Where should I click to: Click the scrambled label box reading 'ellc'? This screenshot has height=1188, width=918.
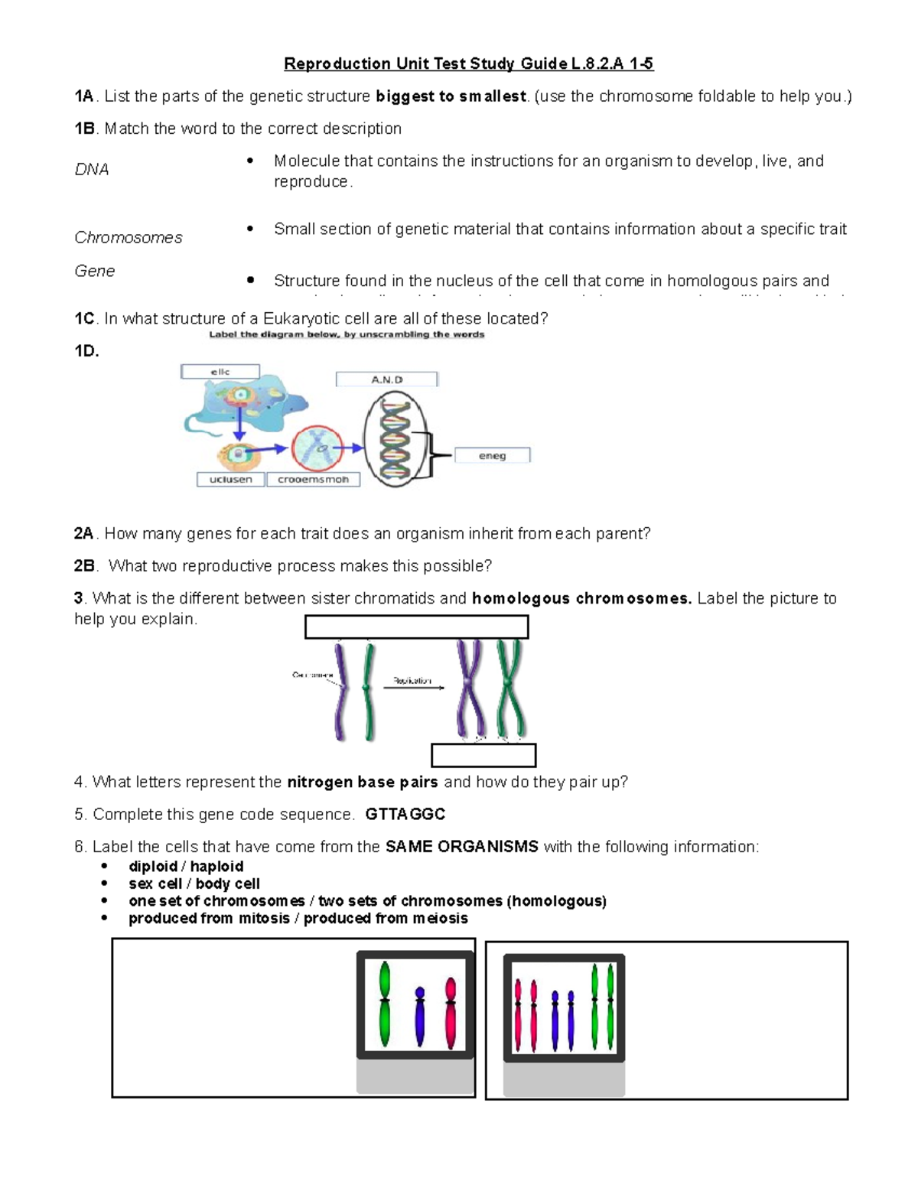pos(220,372)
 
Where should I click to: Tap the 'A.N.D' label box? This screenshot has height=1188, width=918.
pos(386,379)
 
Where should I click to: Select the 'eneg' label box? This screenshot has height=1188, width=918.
pos(492,456)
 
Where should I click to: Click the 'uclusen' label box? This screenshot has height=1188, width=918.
pos(230,480)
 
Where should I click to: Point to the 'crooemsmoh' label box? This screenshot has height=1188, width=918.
pos(313,480)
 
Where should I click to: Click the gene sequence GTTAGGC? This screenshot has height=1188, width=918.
pos(405,814)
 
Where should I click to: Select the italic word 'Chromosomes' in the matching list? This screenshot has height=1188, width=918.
pos(129,238)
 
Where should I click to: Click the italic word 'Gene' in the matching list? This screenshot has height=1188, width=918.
pos(95,271)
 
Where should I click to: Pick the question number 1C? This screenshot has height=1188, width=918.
pos(84,319)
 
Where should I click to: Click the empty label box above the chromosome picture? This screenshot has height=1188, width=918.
pos(416,627)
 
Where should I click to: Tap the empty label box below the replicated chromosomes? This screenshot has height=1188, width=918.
pos(483,755)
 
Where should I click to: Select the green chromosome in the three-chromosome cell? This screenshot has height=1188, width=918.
pos(385,1004)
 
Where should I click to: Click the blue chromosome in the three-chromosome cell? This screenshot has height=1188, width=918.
pos(419,1016)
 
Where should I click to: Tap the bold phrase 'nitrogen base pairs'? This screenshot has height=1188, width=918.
pos(362,782)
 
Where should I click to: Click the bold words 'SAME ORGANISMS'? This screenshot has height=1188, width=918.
pos(462,847)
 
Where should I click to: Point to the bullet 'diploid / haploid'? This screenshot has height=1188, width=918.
pos(186,866)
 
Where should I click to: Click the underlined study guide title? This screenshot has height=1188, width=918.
pos(468,63)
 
